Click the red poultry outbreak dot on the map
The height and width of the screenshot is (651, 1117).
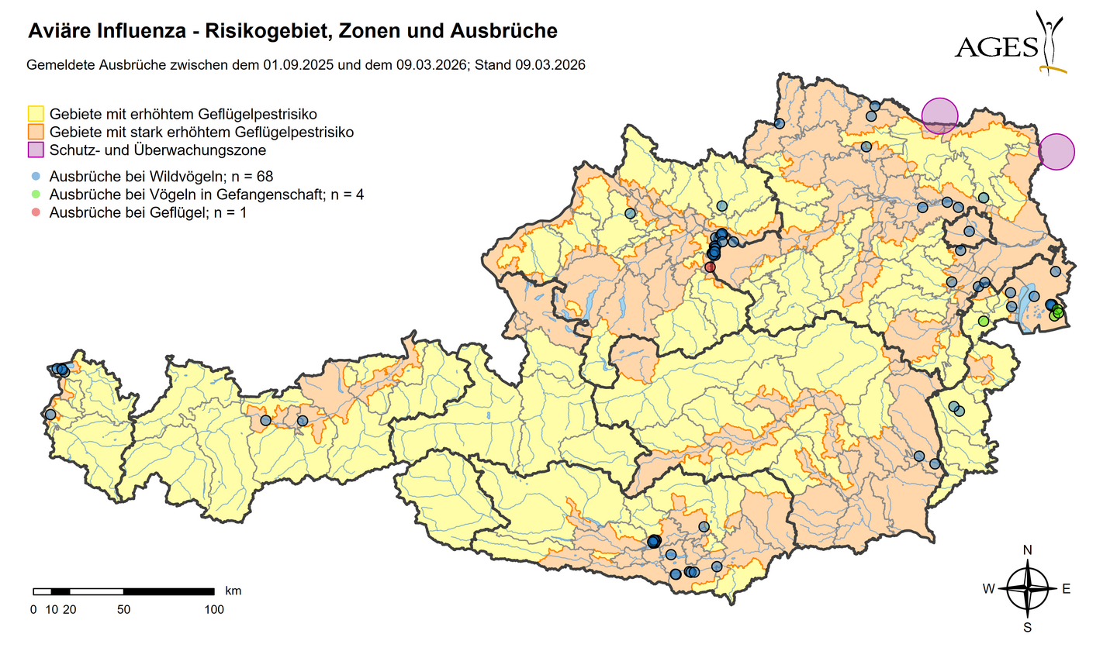point(710,267)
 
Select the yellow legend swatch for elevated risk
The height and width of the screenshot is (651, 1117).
point(36,114)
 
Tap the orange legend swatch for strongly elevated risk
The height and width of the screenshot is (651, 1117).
point(36,132)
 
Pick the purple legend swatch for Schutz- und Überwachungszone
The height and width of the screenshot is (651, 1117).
point(36,150)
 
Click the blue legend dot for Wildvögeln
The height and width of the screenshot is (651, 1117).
point(36,177)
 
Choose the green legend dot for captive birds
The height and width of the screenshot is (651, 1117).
point(36,195)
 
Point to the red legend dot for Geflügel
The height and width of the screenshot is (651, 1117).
point(36,212)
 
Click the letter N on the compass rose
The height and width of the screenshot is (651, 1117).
point(1028,550)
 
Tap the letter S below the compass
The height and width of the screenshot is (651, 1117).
point(1028,627)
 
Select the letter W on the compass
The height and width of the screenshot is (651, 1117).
point(989,589)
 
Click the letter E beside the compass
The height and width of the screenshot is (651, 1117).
point(1066,589)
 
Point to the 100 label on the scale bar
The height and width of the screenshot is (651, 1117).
point(213,610)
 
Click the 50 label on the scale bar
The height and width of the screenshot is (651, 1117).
point(123,610)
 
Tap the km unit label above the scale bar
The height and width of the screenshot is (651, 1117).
point(233,591)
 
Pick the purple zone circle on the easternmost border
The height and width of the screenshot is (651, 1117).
point(1056,151)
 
